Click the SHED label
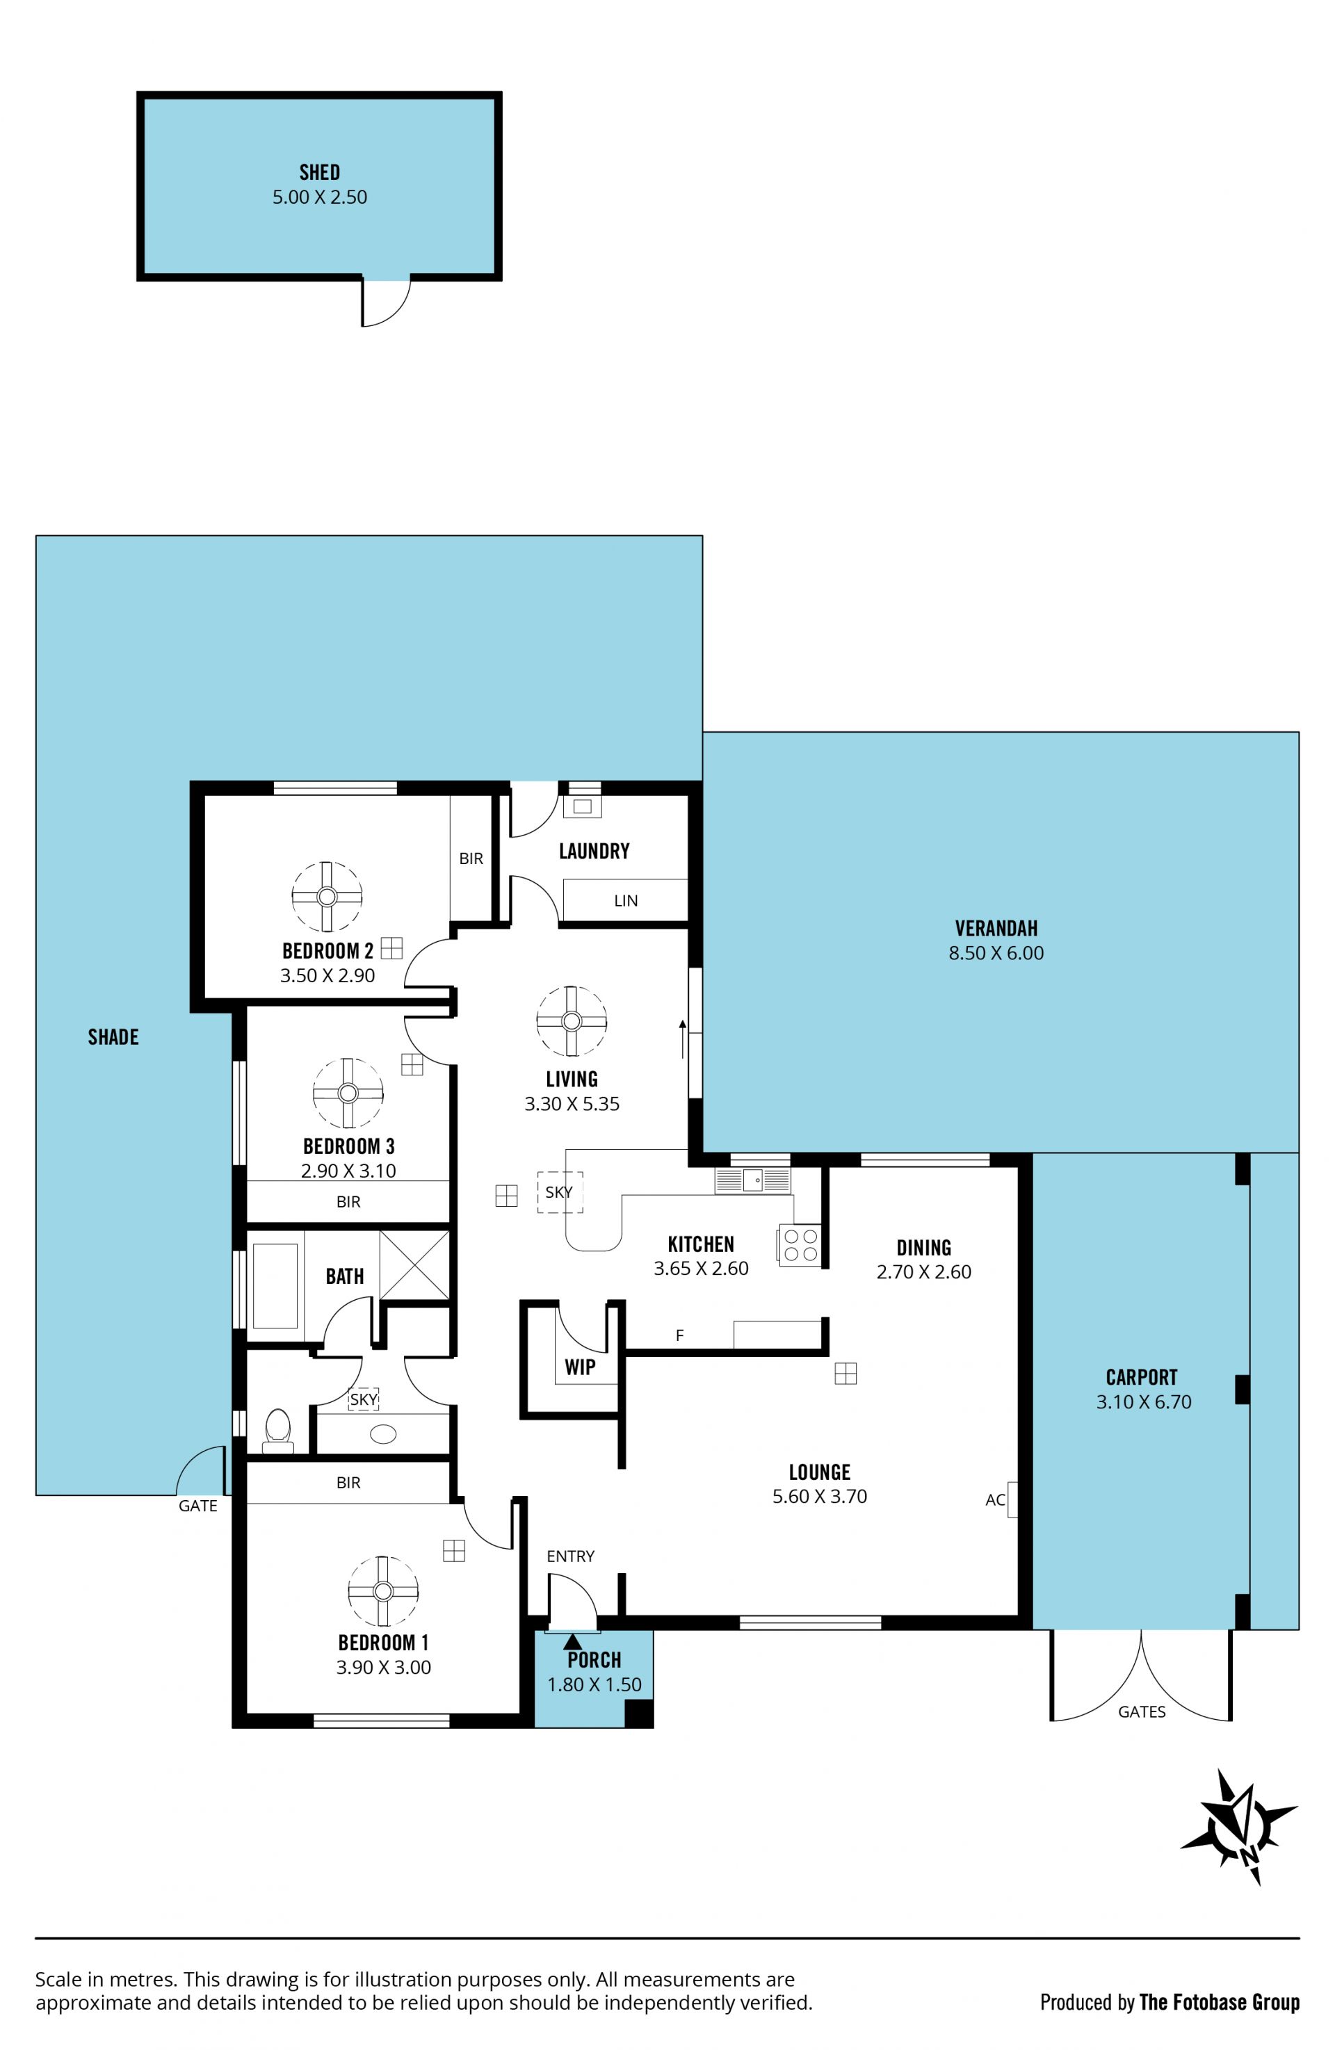coord(320,172)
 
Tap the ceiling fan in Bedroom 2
coord(326,897)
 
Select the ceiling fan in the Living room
coord(571,1020)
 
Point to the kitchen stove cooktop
coord(800,1244)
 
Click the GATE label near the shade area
coord(198,1506)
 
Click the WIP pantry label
coord(580,1367)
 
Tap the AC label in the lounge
coord(995,1499)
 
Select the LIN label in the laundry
coord(626,901)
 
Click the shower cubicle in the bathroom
coord(414,1264)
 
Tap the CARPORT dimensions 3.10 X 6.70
coord(1144,1401)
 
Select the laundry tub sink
coord(583,806)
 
